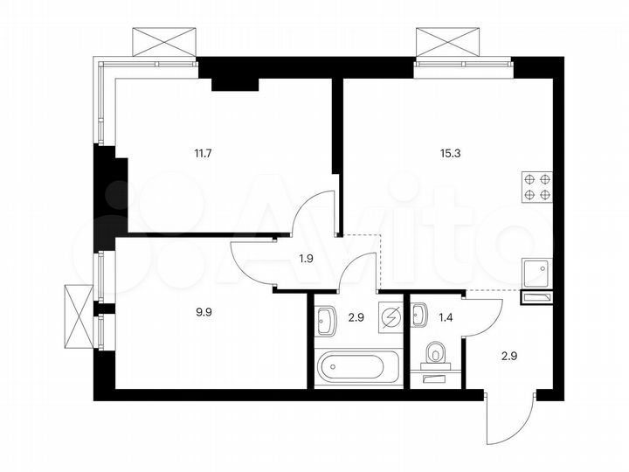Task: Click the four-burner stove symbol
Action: point(536,187)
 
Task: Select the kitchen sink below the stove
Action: point(535,274)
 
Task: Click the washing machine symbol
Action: point(389,316)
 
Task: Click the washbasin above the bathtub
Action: point(326,320)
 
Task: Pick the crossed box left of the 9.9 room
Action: point(78,307)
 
